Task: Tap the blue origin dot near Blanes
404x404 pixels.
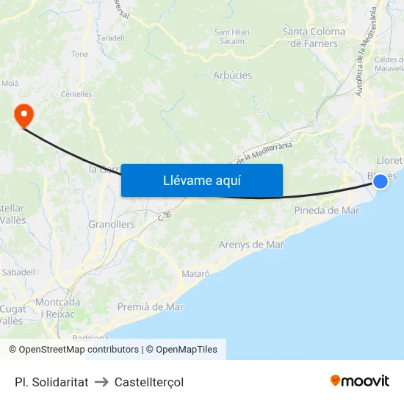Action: [x=380, y=180]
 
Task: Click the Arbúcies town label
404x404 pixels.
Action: [x=232, y=76]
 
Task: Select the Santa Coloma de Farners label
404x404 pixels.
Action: [x=314, y=37]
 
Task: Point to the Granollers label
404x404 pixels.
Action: [x=111, y=224]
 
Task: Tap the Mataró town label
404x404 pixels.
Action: [x=195, y=273]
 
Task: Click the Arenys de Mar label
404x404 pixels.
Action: [x=251, y=245]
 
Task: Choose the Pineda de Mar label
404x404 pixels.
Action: [x=326, y=210]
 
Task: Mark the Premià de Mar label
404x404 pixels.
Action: [x=151, y=307]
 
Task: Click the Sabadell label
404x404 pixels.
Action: [x=18, y=272]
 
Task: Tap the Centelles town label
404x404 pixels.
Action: [x=76, y=94]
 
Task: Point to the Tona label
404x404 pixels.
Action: [x=79, y=54]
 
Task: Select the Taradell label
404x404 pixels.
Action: [x=110, y=37]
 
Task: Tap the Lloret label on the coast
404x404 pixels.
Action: [x=389, y=160]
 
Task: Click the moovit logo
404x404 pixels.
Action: [x=359, y=380]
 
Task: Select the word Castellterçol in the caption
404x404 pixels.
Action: [x=149, y=382]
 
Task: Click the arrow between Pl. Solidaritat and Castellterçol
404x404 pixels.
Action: [x=101, y=382]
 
